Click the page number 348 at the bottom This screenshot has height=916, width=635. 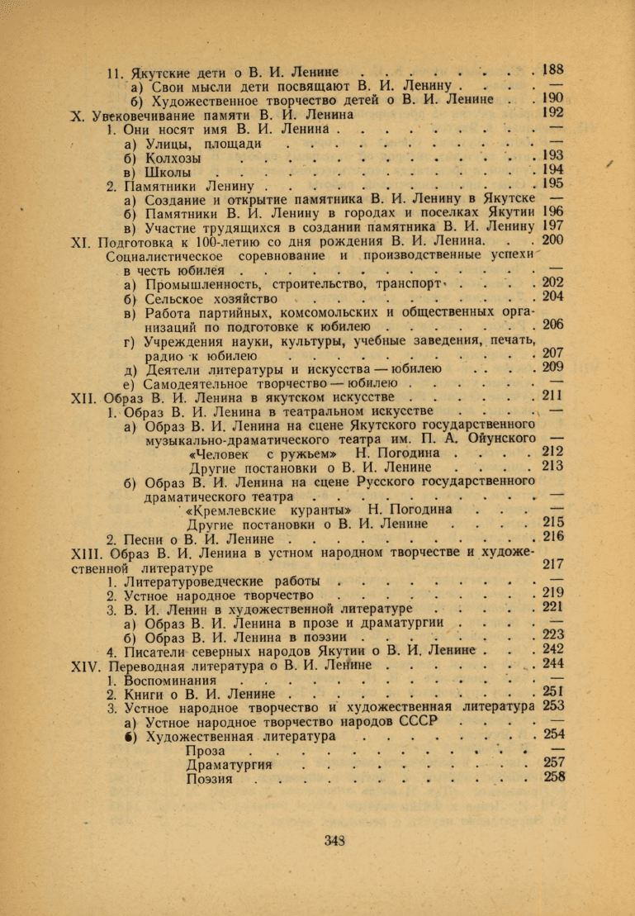(x=334, y=841)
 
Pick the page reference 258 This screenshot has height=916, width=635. (x=555, y=777)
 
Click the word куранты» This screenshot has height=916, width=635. (x=314, y=510)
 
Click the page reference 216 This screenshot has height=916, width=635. (x=554, y=538)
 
